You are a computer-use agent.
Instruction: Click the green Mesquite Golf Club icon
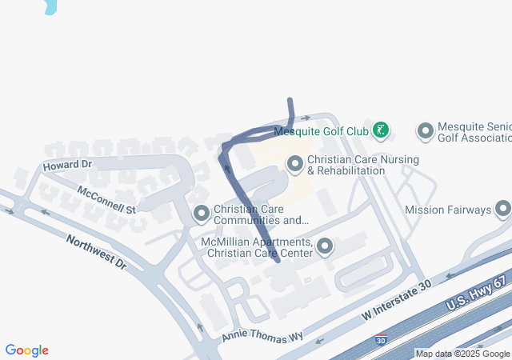point(382,130)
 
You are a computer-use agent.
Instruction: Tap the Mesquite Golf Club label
point(321,130)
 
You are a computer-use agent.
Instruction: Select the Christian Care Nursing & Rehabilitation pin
point(295,164)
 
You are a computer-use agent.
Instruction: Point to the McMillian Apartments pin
point(324,246)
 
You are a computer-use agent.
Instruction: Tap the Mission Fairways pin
point(503,210)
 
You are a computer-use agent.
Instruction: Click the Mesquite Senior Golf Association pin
point(426,130)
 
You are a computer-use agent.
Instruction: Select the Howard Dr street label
point(68,165)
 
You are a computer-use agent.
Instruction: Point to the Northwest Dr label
point(96,251)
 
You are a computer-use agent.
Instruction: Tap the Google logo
point(26,350)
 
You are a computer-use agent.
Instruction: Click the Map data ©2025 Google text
point(462,354)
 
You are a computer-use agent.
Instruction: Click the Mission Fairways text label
point(448,210)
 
